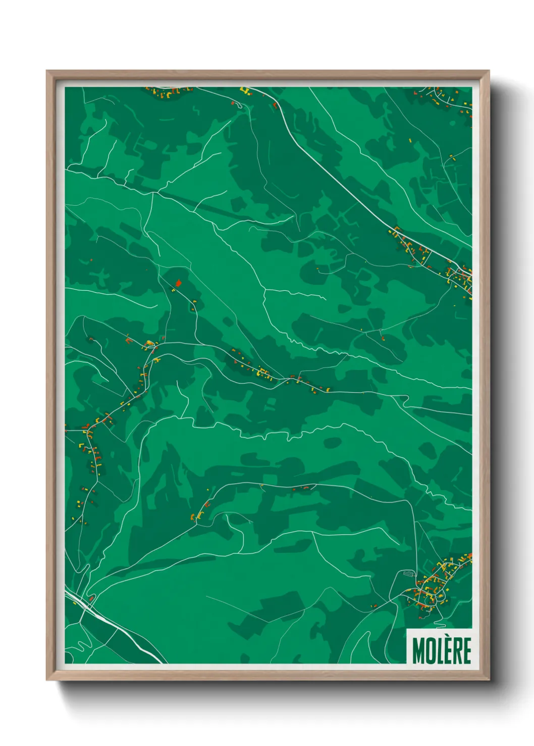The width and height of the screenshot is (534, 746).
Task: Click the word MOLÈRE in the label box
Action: (442, 650)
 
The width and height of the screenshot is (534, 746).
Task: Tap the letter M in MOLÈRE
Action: (418, 651)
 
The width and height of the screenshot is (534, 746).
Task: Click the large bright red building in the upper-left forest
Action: (178, 283)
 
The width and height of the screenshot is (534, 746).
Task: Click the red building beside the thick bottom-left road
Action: (91, 598)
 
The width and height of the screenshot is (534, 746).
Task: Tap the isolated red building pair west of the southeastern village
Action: (374, 605)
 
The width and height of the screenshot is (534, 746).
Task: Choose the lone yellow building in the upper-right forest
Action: (410, 140)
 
